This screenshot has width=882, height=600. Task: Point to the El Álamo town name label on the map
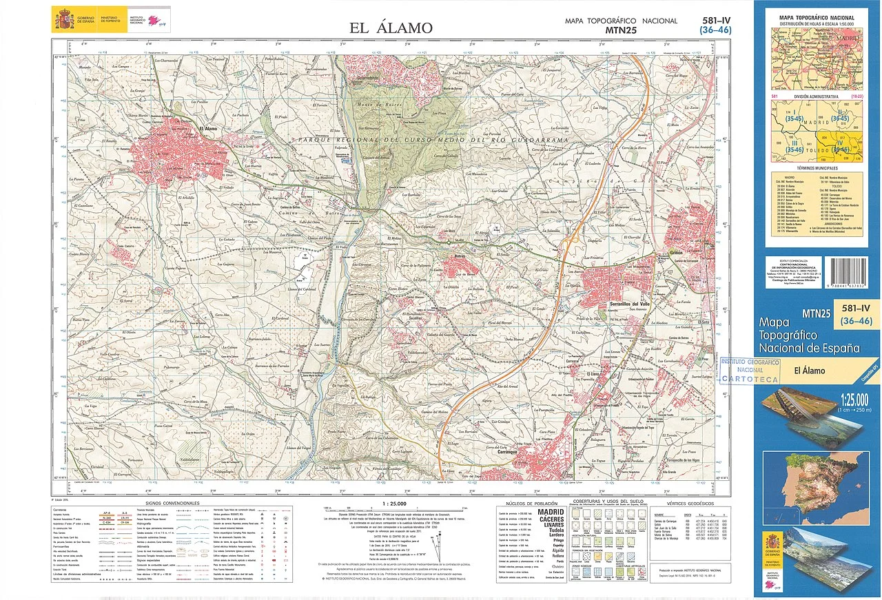(207, 128)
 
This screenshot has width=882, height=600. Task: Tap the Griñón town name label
(676, 253)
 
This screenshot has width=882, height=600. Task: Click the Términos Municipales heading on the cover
(816, 168)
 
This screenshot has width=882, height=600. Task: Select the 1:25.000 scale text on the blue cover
(853, 399)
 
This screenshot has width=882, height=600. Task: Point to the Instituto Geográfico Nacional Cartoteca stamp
(749, 370)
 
